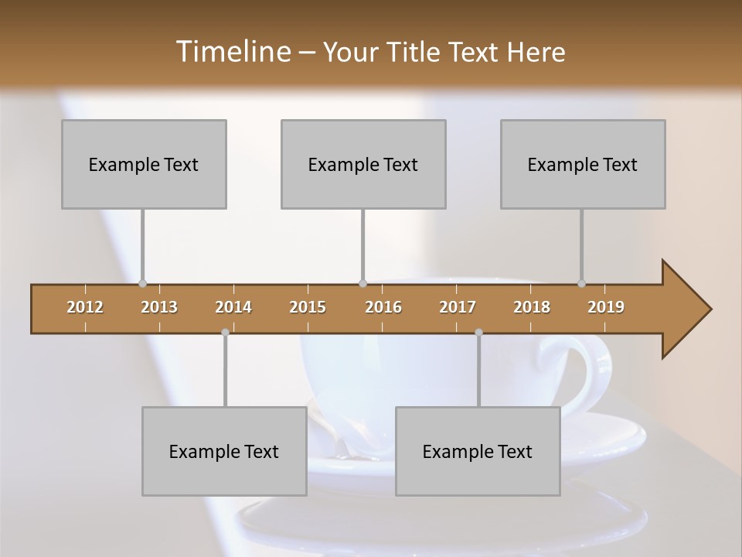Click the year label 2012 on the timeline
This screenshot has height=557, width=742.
point(85,307)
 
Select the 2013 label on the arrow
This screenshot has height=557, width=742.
point(159,307)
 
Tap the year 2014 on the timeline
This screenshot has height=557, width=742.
point(233,307)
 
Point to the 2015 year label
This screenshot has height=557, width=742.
point(308,307)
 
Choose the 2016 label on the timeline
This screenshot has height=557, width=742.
point(383,307)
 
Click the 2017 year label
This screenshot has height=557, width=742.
point(458,307)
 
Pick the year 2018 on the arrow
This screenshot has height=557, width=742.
point(532,307)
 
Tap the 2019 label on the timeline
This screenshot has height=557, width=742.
point(606,307)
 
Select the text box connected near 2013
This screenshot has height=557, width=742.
point(144,164)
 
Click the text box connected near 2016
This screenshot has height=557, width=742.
point(363,164)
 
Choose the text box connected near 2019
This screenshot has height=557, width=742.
point(583,164)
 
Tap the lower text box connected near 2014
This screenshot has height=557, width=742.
point(224,451)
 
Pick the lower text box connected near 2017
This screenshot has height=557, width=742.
point(478,451)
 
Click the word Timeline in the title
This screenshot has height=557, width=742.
point(232,51)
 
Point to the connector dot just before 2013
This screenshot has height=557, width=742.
point(143,283)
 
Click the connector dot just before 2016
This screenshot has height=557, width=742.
point(362,283)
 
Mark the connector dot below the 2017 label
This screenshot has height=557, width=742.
point(478,332)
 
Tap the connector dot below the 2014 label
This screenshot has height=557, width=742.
point(225,332)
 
